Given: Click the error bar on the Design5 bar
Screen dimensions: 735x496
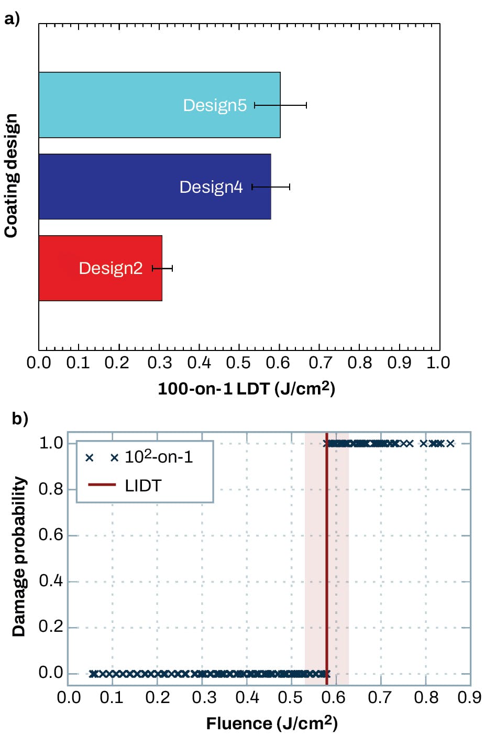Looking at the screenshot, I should click(280, 105).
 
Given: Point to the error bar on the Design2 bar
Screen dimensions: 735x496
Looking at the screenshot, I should click(162, 268).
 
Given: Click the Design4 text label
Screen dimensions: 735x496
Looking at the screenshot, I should click(211, 187).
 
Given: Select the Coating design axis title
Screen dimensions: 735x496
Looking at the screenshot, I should click(11, 176).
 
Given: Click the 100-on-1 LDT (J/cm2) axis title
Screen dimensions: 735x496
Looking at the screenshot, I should click(246, 389).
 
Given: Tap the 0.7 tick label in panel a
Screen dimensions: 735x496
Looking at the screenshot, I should click(319, 363).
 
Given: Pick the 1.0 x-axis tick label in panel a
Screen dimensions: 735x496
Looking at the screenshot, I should click(438, 363).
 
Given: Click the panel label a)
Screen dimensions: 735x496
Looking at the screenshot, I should click(12, 19).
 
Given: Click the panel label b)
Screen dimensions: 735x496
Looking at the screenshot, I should click(20, 419).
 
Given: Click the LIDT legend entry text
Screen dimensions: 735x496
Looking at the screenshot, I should click(143, 486).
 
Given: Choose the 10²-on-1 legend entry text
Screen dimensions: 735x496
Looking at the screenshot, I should click(159, 457).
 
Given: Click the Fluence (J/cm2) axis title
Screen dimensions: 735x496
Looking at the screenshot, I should click(271, 723).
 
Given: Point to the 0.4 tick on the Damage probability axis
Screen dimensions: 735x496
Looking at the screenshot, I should click(51, 581).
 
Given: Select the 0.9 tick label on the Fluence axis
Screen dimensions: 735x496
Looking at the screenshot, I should click(469, 698).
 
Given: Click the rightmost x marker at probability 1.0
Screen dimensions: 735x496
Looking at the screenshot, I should click(450, 444).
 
